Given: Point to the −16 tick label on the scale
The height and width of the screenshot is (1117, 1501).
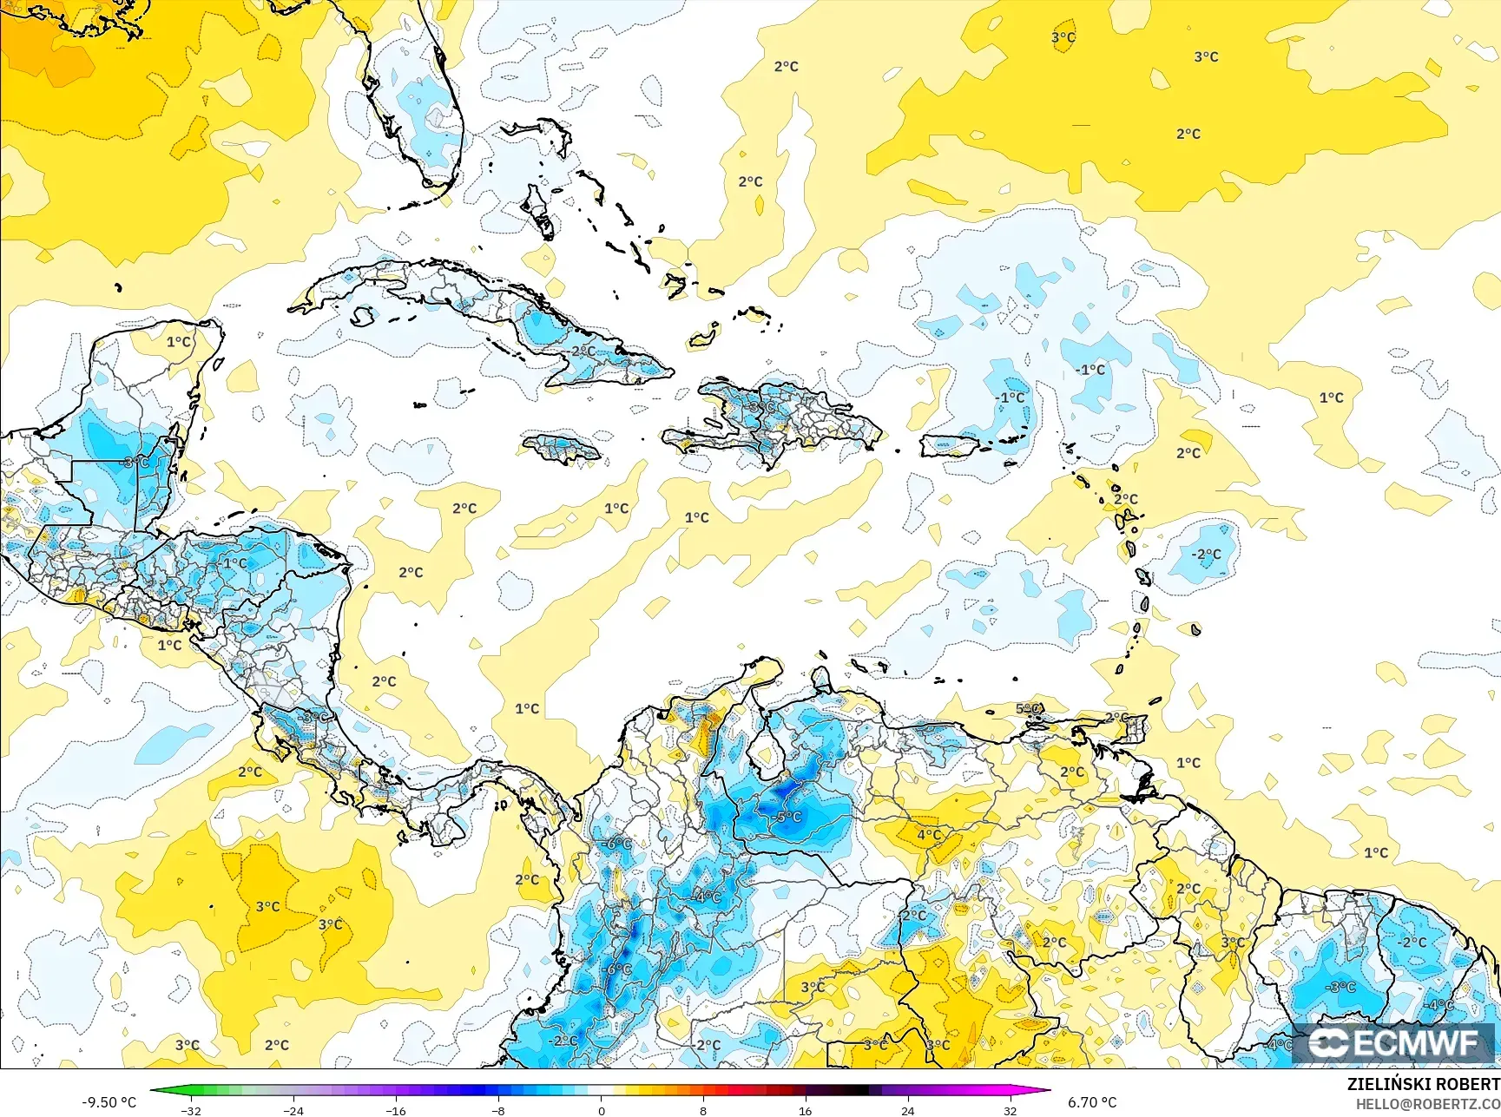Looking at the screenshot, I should coord(395,1110).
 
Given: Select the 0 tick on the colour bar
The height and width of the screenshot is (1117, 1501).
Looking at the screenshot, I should coord(601,1110).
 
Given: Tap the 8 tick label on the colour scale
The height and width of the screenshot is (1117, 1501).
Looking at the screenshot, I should coord(703,1110).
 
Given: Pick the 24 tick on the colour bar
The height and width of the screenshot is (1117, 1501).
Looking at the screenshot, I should coord(907,1110).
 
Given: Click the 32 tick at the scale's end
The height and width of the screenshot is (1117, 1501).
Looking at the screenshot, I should coord(1010,1110).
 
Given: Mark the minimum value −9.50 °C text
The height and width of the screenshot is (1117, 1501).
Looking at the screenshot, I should coord(109,1102).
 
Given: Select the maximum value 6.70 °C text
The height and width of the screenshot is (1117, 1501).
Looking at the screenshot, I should coord(1092,1102).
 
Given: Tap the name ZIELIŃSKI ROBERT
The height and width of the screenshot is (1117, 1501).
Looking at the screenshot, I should coord(1423,1084).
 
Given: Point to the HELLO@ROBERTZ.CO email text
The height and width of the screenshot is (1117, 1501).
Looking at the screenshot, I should coord(1428,1103).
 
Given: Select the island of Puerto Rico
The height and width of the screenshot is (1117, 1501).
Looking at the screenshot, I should coord(949,445).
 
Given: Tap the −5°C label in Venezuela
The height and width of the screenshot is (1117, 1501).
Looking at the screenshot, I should coord(787,818).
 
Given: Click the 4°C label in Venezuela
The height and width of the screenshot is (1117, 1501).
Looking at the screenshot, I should coord(929,835).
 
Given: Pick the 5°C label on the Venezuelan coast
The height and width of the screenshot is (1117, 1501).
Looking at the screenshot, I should coord(1028,709).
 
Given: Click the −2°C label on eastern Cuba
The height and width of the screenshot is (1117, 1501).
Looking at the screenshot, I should coord(583,352).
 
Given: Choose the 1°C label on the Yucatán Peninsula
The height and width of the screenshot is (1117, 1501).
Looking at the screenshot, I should coord(178,342).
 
